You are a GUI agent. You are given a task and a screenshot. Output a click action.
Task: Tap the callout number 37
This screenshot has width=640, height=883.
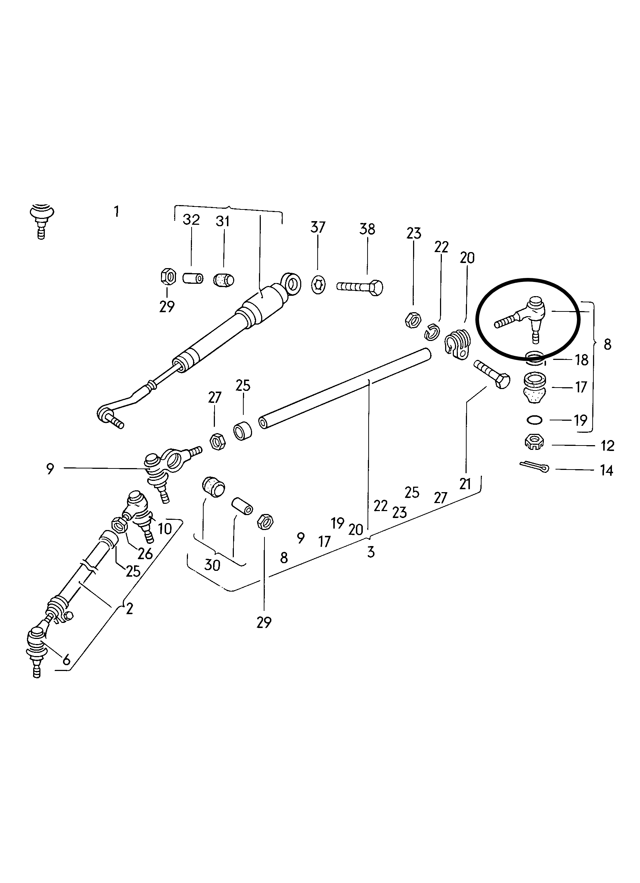(318, 227)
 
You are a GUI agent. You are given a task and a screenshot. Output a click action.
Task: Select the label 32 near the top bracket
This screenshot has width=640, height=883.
(191, 220)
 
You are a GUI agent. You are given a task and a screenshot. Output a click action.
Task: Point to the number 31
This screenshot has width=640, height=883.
(223, 221)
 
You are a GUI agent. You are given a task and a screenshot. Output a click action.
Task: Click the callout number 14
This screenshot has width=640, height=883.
(606, 471)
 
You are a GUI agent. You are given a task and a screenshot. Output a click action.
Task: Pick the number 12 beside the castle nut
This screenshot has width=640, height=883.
(607, 446)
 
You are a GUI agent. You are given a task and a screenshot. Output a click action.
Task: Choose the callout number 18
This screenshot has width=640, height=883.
(582, 360)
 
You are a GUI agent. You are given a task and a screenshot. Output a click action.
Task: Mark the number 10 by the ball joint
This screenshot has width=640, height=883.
(165, 528)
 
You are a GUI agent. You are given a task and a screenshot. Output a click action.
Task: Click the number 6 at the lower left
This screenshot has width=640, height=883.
(66, 660)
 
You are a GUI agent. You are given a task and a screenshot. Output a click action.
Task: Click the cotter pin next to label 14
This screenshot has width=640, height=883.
(534, 466)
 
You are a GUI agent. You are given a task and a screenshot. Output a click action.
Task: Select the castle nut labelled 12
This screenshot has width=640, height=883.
(534, 442)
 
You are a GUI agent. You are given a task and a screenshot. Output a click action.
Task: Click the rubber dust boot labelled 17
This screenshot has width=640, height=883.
(535, 388)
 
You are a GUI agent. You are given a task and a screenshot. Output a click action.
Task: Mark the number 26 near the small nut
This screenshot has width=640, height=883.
(145, 553)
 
